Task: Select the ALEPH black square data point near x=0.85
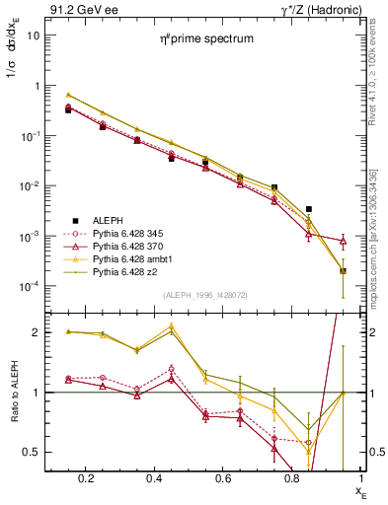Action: (309, 209)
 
